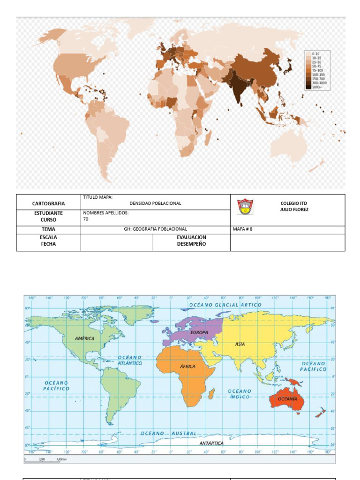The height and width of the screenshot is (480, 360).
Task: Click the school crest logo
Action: (x=245, y=207)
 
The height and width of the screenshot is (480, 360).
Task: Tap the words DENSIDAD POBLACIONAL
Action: (x=155, y=203)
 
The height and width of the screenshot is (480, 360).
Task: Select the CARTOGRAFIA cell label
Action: (x=48, y=203)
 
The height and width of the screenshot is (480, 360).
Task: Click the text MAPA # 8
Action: (x=246, y=229)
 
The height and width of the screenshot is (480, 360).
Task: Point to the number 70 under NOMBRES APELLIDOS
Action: (x=86, y=219)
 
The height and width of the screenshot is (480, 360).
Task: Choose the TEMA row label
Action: (x=48, y=229)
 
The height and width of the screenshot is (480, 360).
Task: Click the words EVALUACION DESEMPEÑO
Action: (x=191, y=241)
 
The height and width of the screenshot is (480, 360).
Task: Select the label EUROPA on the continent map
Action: (x=199, y=332)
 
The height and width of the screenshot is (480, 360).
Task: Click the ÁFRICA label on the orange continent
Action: (x=187, y=367)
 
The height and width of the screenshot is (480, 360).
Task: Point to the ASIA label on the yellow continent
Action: (x=240, y=344)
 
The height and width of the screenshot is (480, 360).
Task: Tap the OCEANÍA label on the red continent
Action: (x=287, y=398)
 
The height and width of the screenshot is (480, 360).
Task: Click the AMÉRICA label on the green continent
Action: (x=84, y=338)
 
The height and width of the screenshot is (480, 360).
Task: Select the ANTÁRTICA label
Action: (x=211, y=443)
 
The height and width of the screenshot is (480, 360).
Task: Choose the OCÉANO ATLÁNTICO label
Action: (x=130, y=360)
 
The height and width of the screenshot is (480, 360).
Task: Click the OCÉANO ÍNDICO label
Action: (x=240, y=394)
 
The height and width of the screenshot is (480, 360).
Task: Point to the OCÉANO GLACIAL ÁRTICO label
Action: (x=225, y=305)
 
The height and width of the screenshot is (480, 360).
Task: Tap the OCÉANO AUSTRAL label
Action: (x=169, y=434)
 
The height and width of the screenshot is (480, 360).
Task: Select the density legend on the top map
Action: (x=316, y=70)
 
